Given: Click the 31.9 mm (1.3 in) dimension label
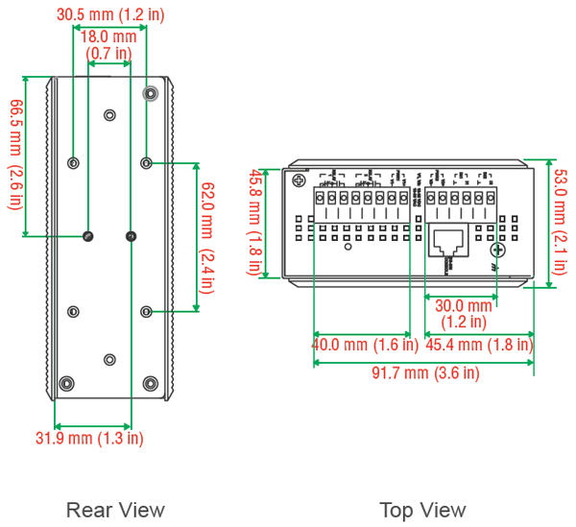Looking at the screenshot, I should click(89, 439).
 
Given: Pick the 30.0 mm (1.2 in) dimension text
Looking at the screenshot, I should click(463, 314).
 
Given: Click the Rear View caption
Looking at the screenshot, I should click(115, 510).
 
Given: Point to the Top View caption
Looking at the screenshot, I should click(422, 510).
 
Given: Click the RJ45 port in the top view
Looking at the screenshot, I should click(448, 242).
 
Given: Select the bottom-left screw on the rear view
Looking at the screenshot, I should click(65, 383).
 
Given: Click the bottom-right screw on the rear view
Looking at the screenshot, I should click(149, 383).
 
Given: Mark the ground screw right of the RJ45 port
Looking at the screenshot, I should click(496, 251).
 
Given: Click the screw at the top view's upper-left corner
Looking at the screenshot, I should click(299, 180).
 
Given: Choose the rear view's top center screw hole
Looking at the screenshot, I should click(108, 115).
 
